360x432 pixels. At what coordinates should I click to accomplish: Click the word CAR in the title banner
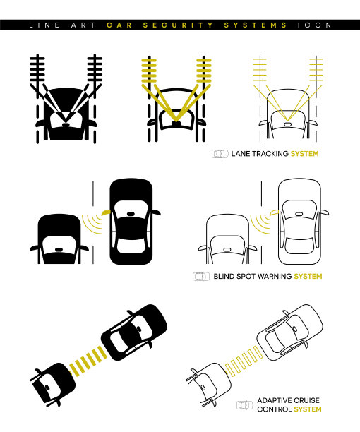click(x=119, y=25)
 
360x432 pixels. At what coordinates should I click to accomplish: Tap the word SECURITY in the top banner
click(x=178, y=25)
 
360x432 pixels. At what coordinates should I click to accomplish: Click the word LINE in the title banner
click(x=44, y=25)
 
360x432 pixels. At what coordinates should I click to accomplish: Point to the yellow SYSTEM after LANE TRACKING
click(x=305, y=154)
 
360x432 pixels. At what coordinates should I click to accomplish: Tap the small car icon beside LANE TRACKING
click(x=220, y=154)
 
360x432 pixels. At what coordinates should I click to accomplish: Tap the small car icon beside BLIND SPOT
click(x=201, y=276)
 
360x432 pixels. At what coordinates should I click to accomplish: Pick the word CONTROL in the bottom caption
click(x=275, y=409)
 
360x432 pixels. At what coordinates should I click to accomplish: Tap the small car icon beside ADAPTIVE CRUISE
click(x=245, y=405)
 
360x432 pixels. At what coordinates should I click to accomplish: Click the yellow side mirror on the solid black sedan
click(x=106, y=212)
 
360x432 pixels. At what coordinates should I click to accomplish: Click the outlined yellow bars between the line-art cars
click(x=244, y=361)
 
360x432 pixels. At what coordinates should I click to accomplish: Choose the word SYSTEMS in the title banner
click(x=256, y=25)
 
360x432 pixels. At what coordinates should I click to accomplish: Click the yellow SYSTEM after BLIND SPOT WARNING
click(x=308, y=276)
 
